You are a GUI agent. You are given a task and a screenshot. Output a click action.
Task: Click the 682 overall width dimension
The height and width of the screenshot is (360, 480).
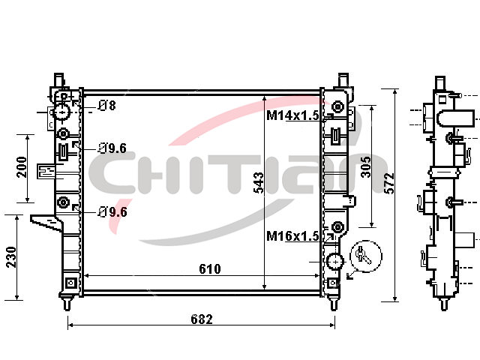202,319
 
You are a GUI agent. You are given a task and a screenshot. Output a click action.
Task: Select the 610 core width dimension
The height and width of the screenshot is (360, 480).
210,268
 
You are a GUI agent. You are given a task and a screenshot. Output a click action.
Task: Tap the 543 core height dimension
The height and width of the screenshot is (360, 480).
259,183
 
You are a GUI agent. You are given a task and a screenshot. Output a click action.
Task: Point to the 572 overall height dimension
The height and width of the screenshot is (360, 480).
389,183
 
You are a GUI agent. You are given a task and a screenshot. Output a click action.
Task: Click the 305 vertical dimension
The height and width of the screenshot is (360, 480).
365,166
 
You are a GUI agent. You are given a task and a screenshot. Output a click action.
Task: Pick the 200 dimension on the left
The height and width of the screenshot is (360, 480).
22,167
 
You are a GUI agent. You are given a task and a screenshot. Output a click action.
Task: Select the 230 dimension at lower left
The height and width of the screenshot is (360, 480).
11,257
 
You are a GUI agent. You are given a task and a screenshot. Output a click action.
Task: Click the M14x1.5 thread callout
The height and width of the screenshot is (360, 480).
292,115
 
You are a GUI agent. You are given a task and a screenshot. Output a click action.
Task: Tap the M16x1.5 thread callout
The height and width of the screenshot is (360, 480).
292,236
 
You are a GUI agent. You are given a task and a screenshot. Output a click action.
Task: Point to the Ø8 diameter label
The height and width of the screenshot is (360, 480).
107,106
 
